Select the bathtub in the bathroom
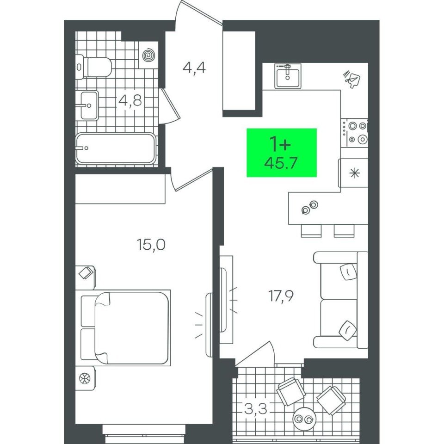click(x=116, y=148)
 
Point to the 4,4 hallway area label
click(x=194, y=68)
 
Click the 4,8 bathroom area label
click(x=130, y=100)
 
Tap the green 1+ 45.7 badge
click(x=282, y=153)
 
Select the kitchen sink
click(x=287, y=76)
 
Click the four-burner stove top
click(x=355, y=133)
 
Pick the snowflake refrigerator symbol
click(x=354, y=173)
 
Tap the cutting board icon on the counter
click(x=352, y=79)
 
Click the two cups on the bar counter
click(x=310, y=207)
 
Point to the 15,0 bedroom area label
click(x=151, y=244)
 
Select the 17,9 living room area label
click(x=281, y=296)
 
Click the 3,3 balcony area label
click(x=255, y=409)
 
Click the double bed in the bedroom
click(x=125, y=327)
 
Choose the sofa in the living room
click(x=341, y=300)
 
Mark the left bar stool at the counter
click(x=311, y=230)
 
